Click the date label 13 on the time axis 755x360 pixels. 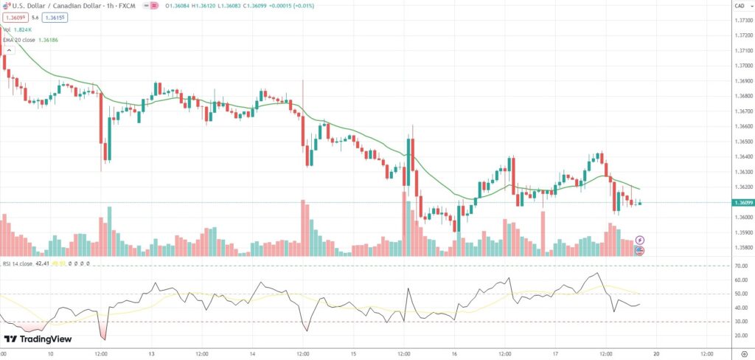tap(152, 353)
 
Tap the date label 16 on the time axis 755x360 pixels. tap(455, 353)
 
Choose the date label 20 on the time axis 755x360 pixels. tap(656, 353)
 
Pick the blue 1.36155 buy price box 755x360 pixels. tap(54, 17)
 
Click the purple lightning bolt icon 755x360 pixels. tap(640, 240)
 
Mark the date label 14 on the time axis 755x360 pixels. tap(253, 353)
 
